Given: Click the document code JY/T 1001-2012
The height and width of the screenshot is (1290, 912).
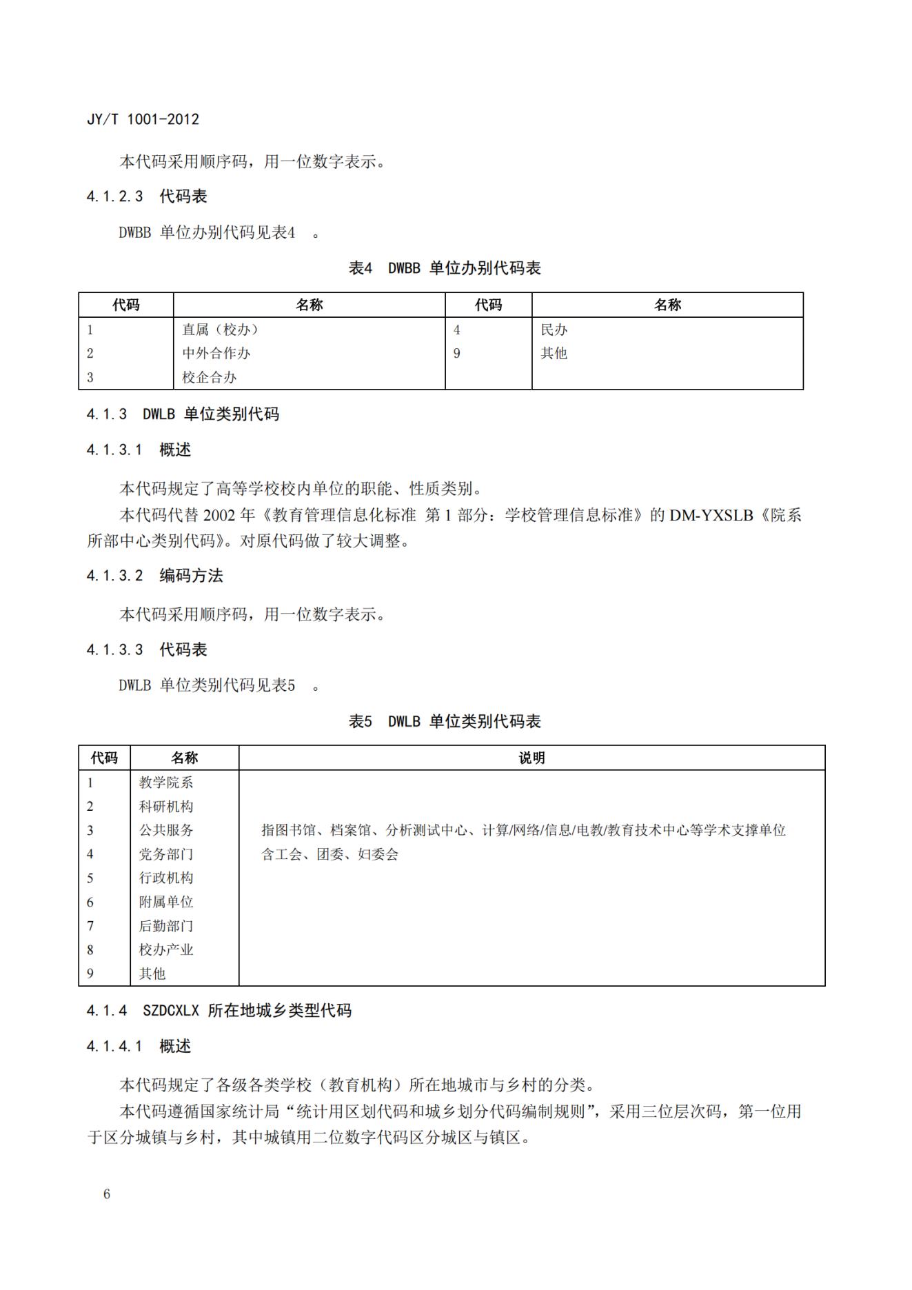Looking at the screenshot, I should click(143, 119).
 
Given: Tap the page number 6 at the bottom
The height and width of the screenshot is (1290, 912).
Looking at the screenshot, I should click(107, 1193).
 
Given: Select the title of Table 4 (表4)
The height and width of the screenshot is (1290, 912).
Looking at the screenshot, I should click(445, 268).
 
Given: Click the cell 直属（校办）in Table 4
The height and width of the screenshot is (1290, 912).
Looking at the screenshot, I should click(220, 330).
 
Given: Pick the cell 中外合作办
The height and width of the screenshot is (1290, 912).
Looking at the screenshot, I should click(216, 353).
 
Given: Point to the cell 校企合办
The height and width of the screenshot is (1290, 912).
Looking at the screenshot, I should click(209, 377).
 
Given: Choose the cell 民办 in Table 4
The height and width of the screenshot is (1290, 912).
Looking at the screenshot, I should click(554, 330).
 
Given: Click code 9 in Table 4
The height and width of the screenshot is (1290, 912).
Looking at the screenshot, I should click(456, 353).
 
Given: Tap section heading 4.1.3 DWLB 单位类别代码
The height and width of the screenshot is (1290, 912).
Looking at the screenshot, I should click(183, 414).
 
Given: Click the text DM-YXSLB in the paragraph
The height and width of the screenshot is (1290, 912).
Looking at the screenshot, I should click(711, 515).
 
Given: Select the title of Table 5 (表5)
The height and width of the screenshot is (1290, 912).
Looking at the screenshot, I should click(445, 721).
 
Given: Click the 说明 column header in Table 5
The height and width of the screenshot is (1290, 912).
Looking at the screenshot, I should click(531, 758).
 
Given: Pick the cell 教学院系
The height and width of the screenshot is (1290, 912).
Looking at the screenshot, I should click(166, 782).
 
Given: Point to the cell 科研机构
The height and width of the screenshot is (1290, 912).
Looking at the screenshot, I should click(166, 806).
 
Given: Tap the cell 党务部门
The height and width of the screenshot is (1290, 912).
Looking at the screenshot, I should click(166, 854).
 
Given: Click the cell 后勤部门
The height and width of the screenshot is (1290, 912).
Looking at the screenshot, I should click(166, 925).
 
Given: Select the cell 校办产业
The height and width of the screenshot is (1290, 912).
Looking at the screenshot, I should click(166, 949).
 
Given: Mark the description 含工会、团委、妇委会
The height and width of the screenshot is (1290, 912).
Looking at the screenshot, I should click(330, 854).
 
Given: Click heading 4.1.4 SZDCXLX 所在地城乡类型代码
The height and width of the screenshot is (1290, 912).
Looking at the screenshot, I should click(219, 1010).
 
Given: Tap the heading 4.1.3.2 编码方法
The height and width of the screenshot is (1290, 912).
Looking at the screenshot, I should click(154, 576).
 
